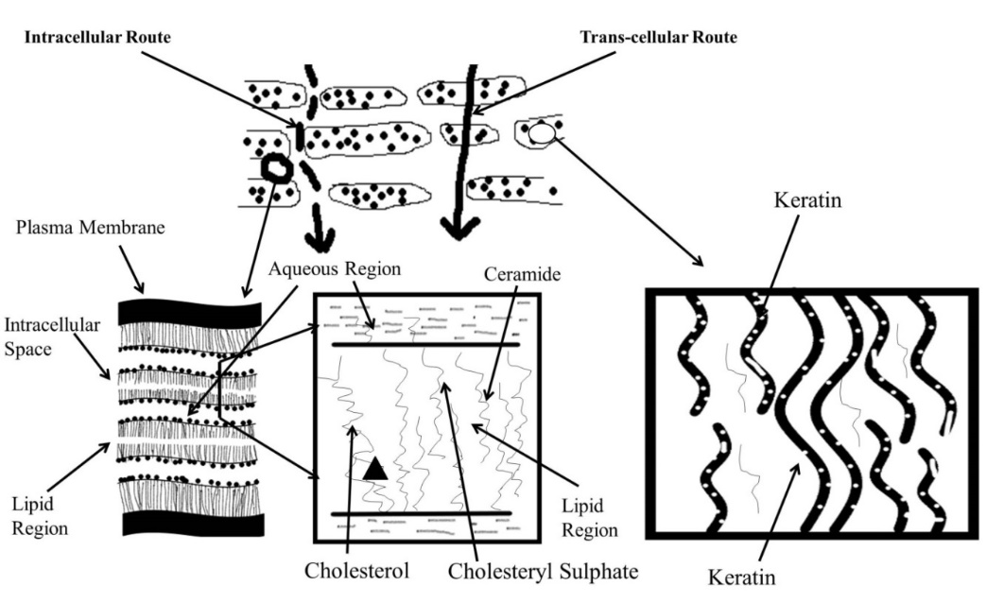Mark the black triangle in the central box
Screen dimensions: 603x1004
click(374, 467)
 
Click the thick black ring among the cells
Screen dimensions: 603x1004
click(276, 169)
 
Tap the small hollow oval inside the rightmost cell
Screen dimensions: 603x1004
click(540, 135)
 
